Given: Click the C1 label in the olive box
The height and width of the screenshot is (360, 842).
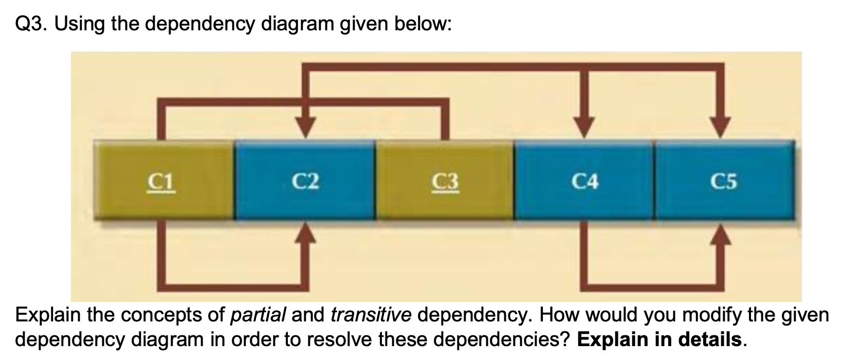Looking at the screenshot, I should coord(162,182).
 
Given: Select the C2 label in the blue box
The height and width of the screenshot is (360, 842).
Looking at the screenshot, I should coord(305,181).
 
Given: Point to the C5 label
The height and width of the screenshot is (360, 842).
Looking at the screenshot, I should coord(724,181).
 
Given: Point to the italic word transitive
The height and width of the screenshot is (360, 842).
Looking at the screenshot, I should coord(370,315).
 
